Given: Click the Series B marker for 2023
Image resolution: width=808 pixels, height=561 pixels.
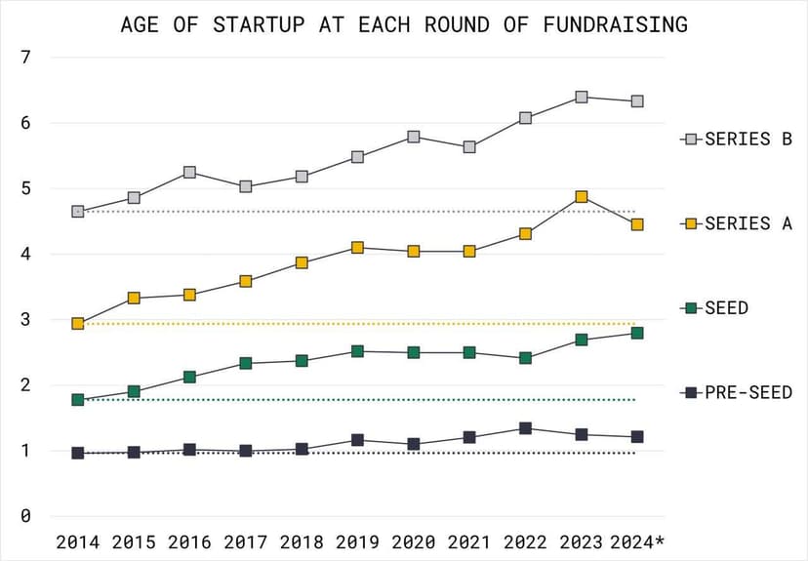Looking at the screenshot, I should click(582, 97).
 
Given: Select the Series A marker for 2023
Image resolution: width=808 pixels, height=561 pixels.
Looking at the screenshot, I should click(582, 197).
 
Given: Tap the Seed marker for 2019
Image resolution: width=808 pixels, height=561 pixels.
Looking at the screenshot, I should click(357, 351).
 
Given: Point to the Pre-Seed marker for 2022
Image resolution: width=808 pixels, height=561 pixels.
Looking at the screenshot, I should click(525, 428).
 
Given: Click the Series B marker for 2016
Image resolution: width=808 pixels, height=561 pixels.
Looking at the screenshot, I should click(189, 172).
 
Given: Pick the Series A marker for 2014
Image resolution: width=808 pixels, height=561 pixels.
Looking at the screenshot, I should click(78, 323).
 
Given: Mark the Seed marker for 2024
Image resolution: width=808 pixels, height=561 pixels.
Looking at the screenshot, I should click(637, 333).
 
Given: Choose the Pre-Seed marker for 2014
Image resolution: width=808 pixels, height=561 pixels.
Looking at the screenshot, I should click(78, 453).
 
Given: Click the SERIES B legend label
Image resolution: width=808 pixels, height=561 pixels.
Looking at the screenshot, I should click(747, 139).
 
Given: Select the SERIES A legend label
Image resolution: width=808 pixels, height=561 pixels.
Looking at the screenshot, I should click(747, 223).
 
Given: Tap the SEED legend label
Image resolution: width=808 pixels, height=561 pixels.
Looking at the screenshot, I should click(726, 308).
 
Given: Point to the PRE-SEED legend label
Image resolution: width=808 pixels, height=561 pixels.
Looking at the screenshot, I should click(747, 392).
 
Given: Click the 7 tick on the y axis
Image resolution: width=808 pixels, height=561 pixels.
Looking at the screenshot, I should click(26, 57).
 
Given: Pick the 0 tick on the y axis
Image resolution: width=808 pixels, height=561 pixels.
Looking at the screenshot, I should click(26, 516).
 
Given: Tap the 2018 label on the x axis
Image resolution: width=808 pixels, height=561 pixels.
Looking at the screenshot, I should click(302, 541).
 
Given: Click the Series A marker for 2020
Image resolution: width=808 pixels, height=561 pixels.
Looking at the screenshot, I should click(414, 251).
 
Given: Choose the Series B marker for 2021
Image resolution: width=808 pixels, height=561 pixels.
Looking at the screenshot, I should click(469, 146).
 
